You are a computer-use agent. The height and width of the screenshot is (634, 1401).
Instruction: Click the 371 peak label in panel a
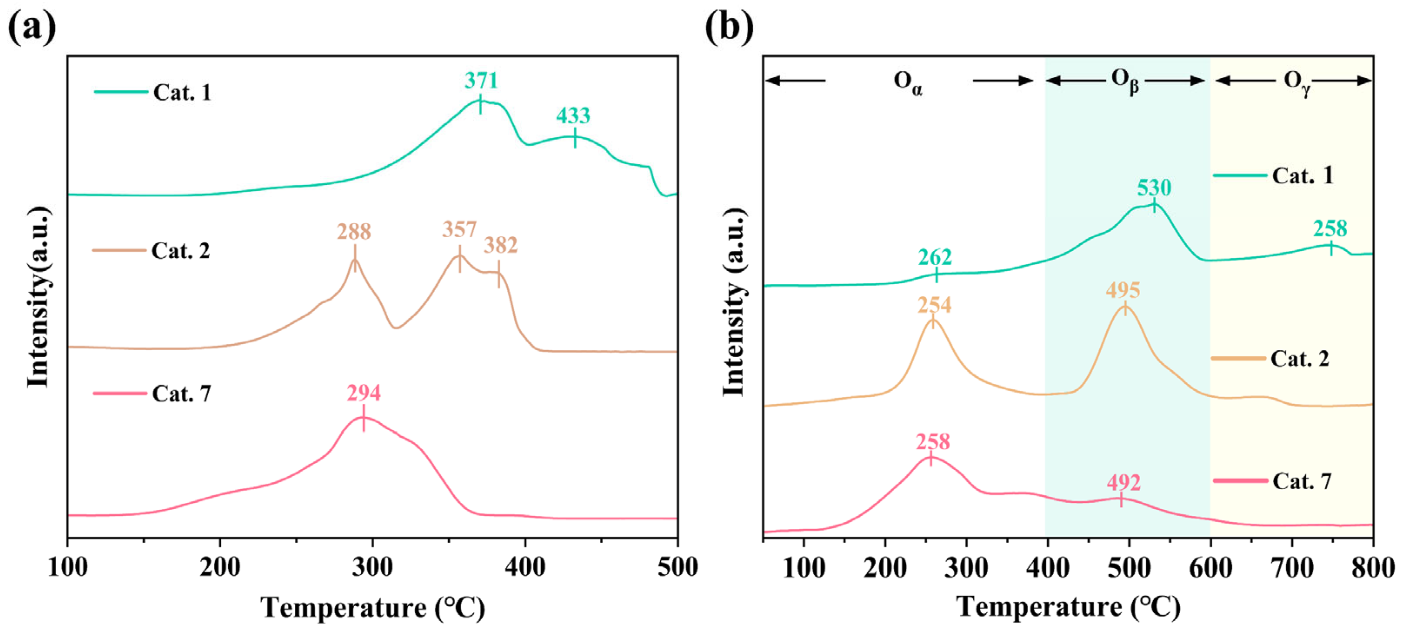[481, 80]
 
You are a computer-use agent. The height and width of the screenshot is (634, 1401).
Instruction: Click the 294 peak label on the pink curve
[364, 392]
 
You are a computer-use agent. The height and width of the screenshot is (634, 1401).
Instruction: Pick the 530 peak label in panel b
[1154, 188]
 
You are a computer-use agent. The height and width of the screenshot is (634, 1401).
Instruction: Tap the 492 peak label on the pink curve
[1123, 482]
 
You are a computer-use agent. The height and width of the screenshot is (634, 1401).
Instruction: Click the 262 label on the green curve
[935, 257]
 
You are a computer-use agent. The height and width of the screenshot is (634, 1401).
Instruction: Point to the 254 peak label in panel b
[935, 305]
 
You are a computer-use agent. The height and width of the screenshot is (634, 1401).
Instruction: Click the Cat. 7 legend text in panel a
[181, 394]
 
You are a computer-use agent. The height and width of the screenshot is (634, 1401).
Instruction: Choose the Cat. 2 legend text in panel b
[1299, 359]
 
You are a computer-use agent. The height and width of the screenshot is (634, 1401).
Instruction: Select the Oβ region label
[1125, 82]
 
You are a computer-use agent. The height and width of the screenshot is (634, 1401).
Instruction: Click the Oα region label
[908, 83]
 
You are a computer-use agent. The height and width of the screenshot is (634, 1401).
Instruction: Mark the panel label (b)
[729, 27]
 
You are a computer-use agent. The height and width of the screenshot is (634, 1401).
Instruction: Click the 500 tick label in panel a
[676, 567]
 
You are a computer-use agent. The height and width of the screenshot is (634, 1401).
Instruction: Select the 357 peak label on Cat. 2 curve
[459, 229]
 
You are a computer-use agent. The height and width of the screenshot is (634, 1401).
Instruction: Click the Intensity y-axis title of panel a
[38, 297]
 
